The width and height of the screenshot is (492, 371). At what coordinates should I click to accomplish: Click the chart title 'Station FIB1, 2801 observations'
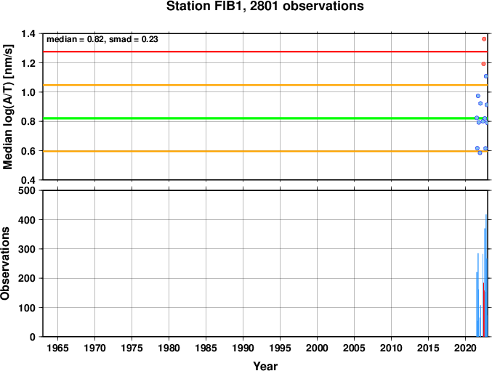[265, 6]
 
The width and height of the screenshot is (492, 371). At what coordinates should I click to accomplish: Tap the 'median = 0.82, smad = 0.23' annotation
[102, 39]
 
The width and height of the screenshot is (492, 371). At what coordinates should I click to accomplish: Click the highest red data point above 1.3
[484, 39]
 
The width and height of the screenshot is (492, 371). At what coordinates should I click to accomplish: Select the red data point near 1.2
[483, 64]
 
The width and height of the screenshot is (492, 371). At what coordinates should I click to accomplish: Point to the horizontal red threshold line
[265, 52]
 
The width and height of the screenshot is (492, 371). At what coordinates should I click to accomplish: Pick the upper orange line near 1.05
[265, 85]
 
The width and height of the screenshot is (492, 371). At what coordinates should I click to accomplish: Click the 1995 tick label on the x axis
[280, 348]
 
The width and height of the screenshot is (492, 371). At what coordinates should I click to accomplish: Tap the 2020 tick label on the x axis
[465, 348]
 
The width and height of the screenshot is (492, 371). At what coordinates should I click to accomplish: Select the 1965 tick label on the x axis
[57, 348]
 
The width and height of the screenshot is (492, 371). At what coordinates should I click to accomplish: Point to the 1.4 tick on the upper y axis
[28, 33]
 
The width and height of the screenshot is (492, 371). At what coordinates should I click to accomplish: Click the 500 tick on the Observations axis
[27, 190]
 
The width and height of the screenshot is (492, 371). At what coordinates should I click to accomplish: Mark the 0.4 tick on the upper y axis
[28, 180]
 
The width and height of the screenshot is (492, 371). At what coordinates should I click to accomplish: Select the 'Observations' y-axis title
[5, 264]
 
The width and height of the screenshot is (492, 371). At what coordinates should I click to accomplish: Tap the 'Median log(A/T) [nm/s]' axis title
[7, 107]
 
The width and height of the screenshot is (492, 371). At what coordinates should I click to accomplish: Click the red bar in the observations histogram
[484, 309]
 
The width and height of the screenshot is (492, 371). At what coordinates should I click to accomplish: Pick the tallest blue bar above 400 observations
[486, 275]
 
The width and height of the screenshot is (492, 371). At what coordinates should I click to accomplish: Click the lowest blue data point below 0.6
[480, 153]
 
